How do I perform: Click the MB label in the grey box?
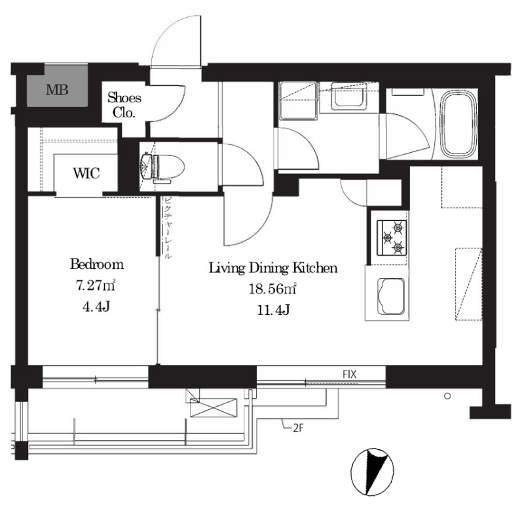pos(57,90)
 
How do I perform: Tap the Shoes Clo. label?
pos(124,105)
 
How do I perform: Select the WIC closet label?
pos(86,173)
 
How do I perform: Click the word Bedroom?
pos(97,264)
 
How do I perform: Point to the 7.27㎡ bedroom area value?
pos(96,285)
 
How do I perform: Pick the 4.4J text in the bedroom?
pos(96,306)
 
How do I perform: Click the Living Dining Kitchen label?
pos(273,268)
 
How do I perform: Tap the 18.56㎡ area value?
pos(272,289)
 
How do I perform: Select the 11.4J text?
pos(273,310)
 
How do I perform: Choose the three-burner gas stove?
pos(392,238)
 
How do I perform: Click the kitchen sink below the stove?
pos(390,296)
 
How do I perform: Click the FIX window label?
pos(350,374)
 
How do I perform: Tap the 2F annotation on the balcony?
pos(299,428)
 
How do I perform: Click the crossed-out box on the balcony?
pos(214,407)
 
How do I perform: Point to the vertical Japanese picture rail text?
pos(168,228)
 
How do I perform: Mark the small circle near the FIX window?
pos(447,396)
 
